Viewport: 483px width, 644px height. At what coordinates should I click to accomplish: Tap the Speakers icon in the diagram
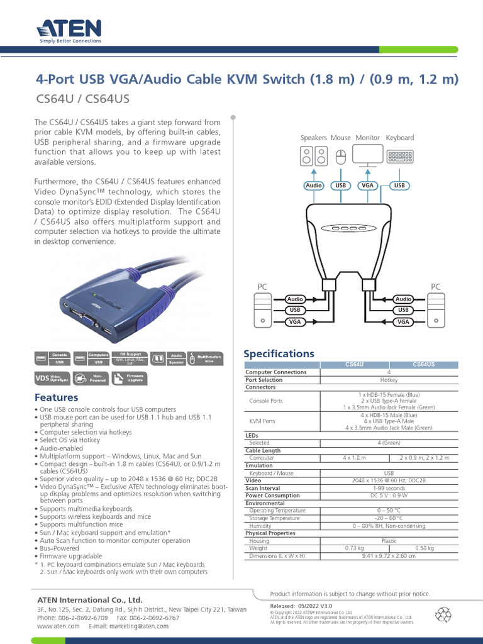click(x=313, y=156)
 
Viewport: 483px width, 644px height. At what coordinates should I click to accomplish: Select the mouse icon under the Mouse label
click(x=340, y=157)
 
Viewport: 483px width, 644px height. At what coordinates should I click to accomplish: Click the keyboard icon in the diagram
click(x=399, y=156)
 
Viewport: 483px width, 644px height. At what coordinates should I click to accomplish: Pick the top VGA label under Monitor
click(x=367, y=186)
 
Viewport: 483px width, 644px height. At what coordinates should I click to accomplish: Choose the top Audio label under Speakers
click(x=313, y=186)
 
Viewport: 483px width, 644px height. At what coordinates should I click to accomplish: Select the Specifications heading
click(x=278, y=353)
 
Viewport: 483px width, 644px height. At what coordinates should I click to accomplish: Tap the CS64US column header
click(x=424, y=365)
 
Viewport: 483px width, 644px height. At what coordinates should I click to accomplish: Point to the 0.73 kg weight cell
click(x=354, y=548)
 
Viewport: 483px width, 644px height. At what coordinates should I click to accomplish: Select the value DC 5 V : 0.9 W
click(x=387, y=496)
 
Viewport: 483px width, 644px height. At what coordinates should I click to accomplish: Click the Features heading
click(x=56, y=397)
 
